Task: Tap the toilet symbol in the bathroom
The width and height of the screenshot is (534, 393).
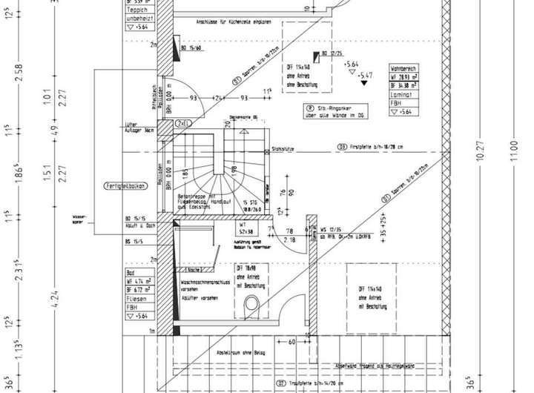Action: (x=251, y=303)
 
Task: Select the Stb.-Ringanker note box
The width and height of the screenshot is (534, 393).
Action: (x=333, y=112)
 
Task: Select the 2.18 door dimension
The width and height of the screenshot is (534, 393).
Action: (x=289, y=240)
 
